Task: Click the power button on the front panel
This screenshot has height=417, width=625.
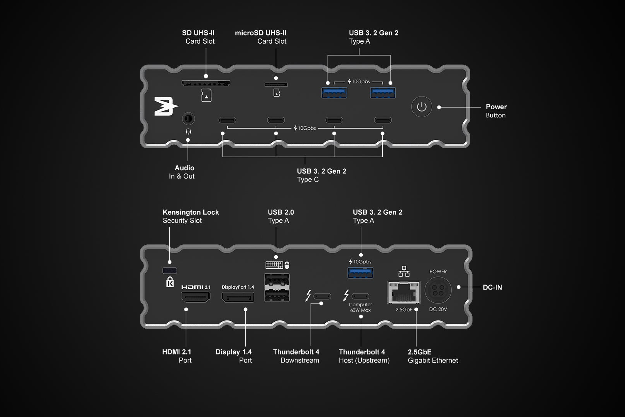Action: pos(421,107)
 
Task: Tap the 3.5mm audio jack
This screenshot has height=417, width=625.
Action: pos(188,118)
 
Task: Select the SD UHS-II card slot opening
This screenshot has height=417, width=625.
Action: pos(206,83)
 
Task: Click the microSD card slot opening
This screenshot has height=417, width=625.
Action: pos(276,85)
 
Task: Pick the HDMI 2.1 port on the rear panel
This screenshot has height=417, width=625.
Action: pos(196,297)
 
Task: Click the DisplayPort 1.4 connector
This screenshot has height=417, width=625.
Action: pos(238,297)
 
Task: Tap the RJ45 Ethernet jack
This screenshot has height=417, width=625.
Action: pos(404,293)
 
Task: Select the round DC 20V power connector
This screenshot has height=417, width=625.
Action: pos(438,290)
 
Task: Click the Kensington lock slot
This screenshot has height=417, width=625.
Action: pos(170,271)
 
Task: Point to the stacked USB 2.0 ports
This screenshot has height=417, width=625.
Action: pos(277,287)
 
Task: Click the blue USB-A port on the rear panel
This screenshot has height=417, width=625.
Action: pos(360,273)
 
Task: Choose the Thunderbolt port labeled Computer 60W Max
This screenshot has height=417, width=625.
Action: pos(360,297)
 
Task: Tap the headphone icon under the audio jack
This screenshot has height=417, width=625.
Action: pos(188,132)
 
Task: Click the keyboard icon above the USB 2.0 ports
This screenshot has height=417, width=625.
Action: pos(274,265)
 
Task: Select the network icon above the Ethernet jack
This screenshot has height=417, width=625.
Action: pos(404,271)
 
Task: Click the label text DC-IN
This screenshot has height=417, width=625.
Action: pos(492,287)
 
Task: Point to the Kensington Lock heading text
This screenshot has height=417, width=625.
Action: pos(191,212)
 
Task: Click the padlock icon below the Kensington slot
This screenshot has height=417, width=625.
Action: pos(170,282)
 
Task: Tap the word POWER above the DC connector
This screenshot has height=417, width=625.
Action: pos(438,271)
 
